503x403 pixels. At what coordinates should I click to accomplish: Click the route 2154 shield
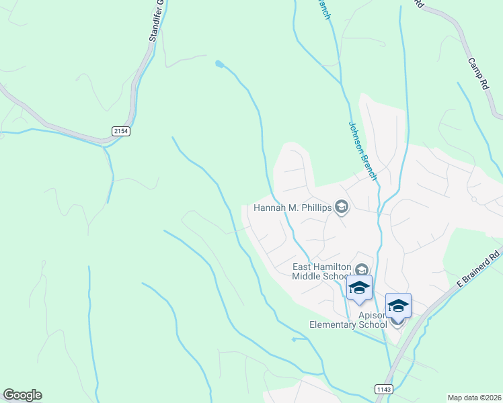[121, 132]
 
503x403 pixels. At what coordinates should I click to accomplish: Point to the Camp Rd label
[478, 74]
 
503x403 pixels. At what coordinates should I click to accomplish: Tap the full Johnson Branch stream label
[362, 150]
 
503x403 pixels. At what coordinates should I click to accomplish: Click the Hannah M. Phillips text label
[293, 208]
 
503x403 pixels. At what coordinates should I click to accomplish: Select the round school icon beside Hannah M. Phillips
[342, 207]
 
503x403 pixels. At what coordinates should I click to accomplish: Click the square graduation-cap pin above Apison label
[398, 306]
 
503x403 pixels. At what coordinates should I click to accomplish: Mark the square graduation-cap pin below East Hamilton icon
[359, 288]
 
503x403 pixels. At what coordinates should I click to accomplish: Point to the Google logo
[22, 395]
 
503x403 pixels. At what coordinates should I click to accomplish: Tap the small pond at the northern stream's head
[219, 64]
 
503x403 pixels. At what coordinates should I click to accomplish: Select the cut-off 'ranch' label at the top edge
[323, 9]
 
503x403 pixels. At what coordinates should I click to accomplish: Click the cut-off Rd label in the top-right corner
[418, 4]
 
